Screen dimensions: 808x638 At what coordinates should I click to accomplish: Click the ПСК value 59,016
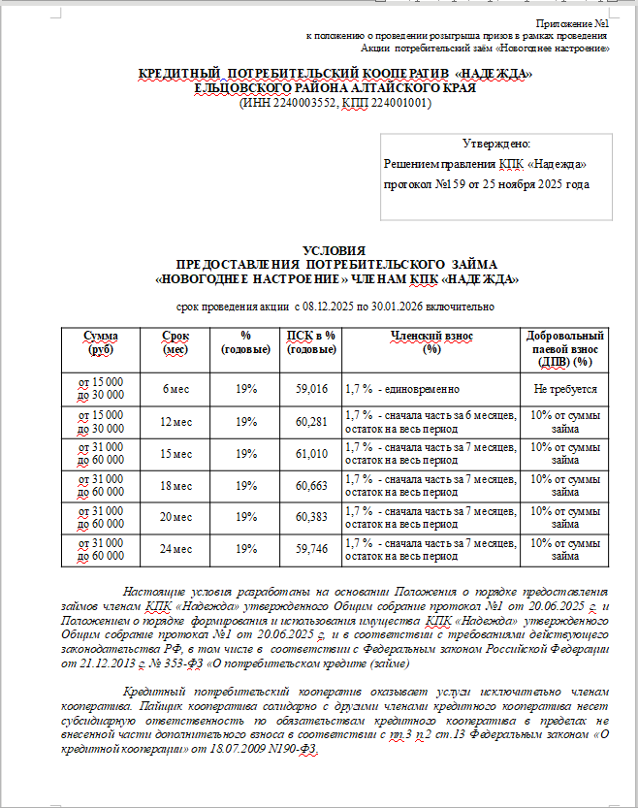311,388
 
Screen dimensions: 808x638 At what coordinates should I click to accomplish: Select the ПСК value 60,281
311,421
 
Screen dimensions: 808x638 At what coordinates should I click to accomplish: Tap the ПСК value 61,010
311,453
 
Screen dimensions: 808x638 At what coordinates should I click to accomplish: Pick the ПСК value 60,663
311,485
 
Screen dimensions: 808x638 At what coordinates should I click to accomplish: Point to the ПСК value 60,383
311,517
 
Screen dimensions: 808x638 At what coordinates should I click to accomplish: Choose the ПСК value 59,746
311,549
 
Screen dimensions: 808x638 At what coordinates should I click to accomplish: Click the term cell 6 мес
175,388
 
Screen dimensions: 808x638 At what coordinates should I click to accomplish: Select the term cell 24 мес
175,549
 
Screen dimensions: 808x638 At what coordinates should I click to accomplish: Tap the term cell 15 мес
175,453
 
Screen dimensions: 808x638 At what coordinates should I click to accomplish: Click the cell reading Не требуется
564,388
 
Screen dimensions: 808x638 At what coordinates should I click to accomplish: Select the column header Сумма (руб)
101,341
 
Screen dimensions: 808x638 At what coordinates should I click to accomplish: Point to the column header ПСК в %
311,336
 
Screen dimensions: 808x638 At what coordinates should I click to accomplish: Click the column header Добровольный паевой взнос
564,341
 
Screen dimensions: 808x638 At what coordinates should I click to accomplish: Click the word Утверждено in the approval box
496,143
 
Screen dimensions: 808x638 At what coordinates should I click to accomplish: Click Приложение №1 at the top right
572,22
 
